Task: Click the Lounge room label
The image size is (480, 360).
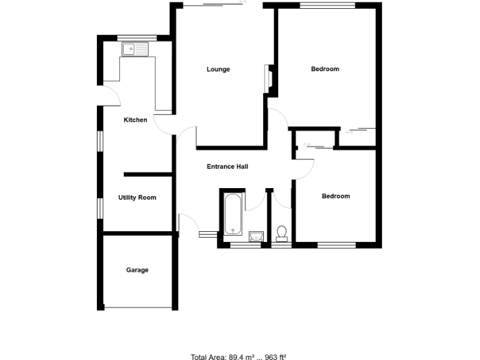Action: (218, 69)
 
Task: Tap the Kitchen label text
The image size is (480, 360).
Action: (136, 120)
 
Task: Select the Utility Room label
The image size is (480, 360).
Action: (137, 197)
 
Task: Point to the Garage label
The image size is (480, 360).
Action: (137, 270)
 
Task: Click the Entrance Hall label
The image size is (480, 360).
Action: (227, 167)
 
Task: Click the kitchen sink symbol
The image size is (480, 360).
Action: (134, 49)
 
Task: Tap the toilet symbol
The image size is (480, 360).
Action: (282, 233)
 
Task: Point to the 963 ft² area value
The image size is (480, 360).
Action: (274, 357)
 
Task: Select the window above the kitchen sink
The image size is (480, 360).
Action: (136, 37)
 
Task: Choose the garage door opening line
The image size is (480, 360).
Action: (137, 307)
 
